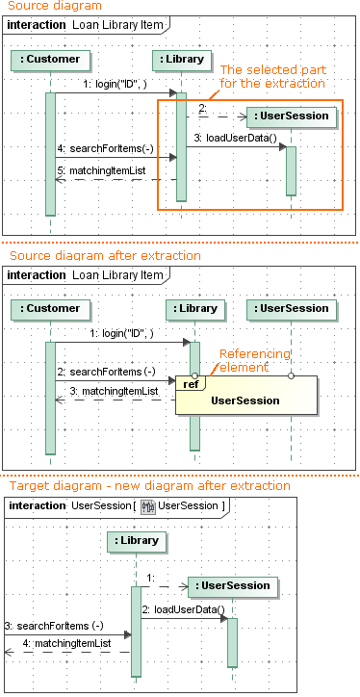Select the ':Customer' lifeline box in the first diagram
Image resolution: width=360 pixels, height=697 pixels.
(49, 60)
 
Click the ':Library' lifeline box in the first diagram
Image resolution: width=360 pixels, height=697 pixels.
(181, 60)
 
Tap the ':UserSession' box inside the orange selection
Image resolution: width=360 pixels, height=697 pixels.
(291, 116)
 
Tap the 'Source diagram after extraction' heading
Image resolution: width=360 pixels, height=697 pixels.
(104, 256)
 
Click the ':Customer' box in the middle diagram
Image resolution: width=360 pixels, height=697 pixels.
(49, 309)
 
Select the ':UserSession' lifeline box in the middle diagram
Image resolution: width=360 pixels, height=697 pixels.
(291, 309)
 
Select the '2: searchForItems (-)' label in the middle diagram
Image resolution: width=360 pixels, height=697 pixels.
(105, 371)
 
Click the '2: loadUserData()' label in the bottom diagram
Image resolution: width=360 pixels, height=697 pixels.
(183, 609)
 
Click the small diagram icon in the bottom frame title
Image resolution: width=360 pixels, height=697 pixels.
(148, 506)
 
